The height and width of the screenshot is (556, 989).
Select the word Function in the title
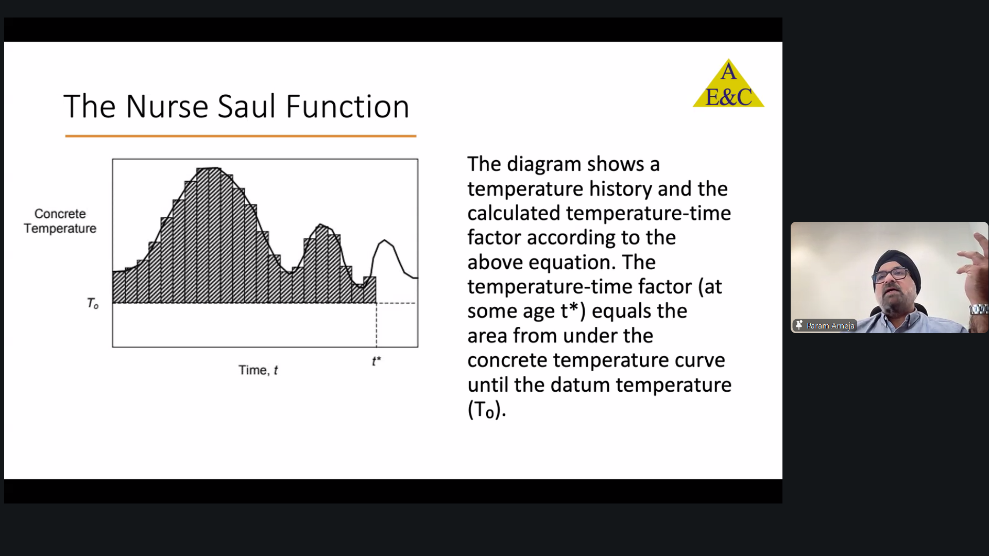(x=348, y=107)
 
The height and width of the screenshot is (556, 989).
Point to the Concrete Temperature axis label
(x=60, y=221)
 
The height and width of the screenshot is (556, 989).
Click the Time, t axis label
(x=258, y=370)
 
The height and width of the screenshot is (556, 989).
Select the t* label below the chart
(x=377, y=361)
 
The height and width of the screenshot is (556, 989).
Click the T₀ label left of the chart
(x=93, y=304)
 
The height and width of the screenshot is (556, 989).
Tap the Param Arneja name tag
(x=825, y=325)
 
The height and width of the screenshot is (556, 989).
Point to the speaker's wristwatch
(x=979, y=309)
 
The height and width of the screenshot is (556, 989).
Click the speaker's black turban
(x=897, y=264)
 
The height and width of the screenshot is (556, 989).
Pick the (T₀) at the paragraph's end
(x=484, y=410)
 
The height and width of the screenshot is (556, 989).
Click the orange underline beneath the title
(x=241, y=136)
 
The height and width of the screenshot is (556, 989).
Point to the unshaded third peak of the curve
(x=384, y=241)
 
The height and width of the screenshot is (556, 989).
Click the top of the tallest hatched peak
(x=209, y=168)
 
